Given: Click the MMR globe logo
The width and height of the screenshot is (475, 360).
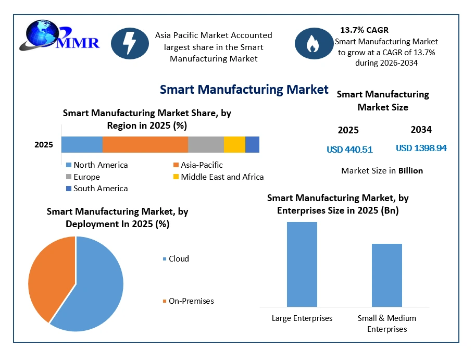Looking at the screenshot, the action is [60, 35].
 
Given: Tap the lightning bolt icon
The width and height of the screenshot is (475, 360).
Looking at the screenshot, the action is [130, 43].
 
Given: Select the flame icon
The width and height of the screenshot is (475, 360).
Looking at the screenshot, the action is [314, 43].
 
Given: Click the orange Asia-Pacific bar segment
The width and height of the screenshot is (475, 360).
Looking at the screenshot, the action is [145, 144].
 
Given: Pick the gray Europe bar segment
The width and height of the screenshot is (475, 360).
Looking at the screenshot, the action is [206, 144].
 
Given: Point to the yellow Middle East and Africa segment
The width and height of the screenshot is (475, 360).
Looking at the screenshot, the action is [235, 144].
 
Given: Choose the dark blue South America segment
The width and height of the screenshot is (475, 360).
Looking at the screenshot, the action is [252, 144].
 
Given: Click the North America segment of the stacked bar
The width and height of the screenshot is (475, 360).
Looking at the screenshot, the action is [82, 144].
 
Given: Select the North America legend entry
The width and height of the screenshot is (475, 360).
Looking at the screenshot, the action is [97, 165].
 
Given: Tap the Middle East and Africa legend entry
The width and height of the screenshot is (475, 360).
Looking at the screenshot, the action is [218, 177].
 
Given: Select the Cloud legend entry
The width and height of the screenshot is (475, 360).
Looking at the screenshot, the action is [176, 259].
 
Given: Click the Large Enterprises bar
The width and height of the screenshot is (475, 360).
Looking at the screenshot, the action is [302, 264].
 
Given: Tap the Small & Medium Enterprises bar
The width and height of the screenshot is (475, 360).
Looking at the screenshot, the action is [387, 275].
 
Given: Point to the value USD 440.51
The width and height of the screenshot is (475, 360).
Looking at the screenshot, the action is [349, 150].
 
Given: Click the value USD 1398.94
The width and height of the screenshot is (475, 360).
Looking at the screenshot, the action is [421, 148].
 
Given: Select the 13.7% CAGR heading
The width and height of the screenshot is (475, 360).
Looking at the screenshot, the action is [364, 30].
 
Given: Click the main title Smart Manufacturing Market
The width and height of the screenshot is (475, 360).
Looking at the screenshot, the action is [244, 90].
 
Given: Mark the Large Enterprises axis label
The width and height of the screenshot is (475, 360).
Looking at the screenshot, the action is [302, 318].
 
